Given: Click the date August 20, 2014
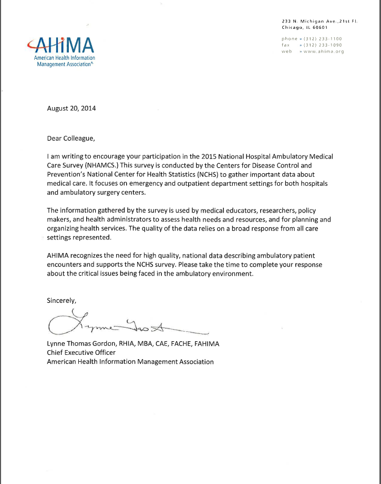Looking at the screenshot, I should pos(71,109).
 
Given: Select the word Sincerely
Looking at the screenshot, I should pos(62,301).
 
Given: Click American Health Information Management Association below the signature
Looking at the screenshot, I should pos(130,362).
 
